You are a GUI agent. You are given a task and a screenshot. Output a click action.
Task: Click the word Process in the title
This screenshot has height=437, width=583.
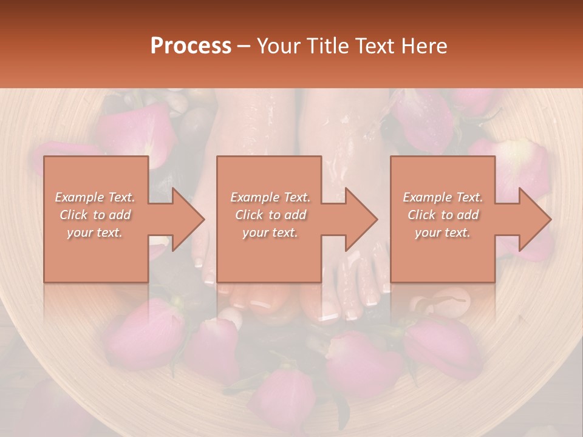pyautogui.click(x=191, y=46)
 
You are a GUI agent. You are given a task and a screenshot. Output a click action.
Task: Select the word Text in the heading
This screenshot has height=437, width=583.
pyautogui.click(x=372, y=46)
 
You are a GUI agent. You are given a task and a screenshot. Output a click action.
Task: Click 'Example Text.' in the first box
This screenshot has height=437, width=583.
pyautogui.click(x=95, y=197)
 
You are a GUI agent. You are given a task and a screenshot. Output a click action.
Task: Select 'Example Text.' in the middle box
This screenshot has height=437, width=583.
pyautogui.click(x=270, y=197)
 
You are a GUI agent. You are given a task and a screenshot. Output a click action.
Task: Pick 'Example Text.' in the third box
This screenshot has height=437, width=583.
pyautogui.click(x=443, y=197)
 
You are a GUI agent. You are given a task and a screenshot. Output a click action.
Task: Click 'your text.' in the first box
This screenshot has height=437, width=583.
pyautogui.click(x=95, y=232)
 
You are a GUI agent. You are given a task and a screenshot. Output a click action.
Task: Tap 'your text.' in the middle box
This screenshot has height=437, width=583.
pyautogui.click(x=270, y=232)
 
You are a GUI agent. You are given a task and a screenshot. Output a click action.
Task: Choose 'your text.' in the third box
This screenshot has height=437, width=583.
pyautogui.click(x=443, y=232)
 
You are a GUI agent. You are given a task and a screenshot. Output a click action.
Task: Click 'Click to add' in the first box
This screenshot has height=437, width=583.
pyautogui.click(x=95, y=215)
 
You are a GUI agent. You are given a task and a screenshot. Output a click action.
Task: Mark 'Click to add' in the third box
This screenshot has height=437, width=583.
pyautogui.click(x=443, y=215)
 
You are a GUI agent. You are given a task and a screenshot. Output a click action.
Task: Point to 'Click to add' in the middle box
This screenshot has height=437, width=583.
pyautogui.click(x=270, y=215)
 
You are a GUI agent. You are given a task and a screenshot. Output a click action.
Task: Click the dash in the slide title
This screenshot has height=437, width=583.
pyautogui.click(x=244, y=46)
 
